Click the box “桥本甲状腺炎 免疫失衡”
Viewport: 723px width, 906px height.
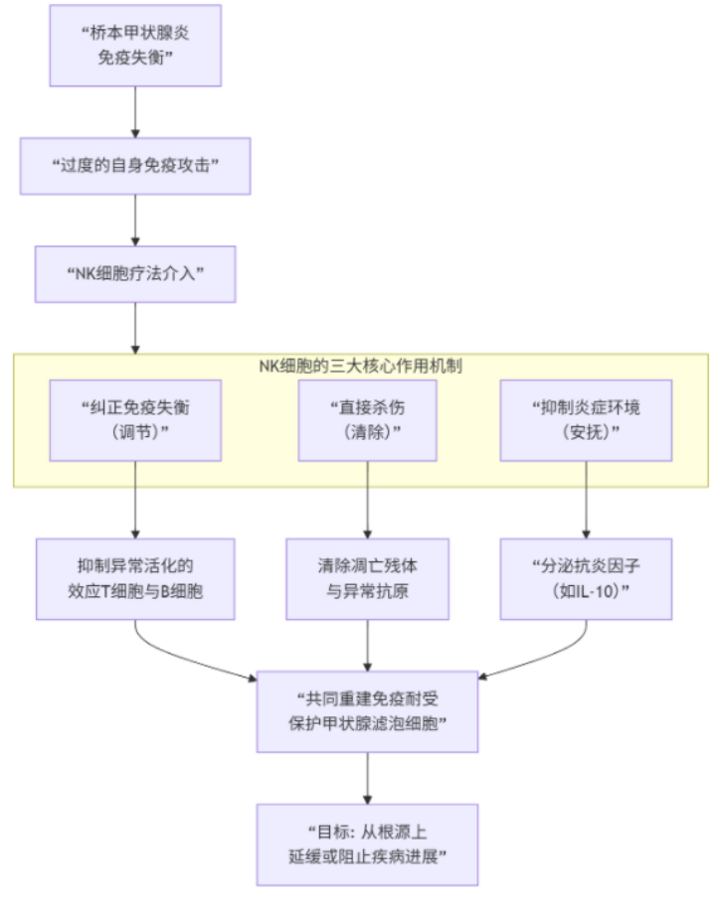pos(135,46)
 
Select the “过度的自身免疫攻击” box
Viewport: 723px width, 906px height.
pos(135,166)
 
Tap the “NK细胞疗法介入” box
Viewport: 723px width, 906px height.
pos(135,274)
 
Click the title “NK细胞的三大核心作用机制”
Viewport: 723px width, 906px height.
pos(360,366)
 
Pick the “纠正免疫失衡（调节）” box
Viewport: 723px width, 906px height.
pos(135,420)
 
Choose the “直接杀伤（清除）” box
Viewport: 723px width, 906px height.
pos(367,420)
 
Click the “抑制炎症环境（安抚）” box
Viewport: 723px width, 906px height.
pos(586,420)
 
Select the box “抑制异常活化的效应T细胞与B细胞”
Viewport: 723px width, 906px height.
pos(135,579)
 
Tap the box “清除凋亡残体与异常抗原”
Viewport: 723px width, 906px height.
pos(367,579)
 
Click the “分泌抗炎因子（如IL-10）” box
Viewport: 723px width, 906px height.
pos(586,579)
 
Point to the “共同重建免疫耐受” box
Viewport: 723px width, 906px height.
pos(367,711)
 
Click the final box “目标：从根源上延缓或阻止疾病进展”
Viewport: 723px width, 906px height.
pos(367,844)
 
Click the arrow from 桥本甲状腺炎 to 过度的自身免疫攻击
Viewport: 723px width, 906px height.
pos(135,112)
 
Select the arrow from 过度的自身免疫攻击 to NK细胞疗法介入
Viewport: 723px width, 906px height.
pos(135,221)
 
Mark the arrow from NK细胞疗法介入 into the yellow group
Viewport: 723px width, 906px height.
pos(135,328)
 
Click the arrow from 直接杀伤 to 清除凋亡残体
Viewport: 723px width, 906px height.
pos(367,500)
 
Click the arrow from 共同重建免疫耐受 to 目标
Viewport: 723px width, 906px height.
pos(367,778)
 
